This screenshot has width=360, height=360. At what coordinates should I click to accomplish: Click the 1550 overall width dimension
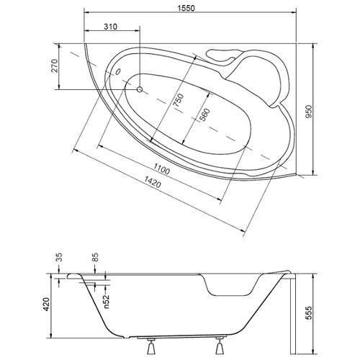pos(186,8)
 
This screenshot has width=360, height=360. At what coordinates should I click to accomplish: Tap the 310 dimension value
pos(111,27)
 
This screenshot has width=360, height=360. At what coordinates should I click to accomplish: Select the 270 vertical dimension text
pos(55,66)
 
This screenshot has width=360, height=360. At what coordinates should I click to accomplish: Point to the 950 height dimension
pos(309,112)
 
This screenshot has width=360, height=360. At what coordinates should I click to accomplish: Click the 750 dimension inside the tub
pos(179,101)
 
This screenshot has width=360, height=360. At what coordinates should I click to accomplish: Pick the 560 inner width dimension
pos(204,115)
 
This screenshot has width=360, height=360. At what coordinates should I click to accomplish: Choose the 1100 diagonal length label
pos(161,168)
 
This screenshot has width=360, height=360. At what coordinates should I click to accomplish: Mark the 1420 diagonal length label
pos(152,181)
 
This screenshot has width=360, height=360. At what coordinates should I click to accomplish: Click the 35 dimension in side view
pos(59,257)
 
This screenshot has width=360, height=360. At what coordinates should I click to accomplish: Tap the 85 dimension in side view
pos(95,257)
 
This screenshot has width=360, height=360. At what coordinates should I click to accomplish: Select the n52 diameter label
pos(107,302)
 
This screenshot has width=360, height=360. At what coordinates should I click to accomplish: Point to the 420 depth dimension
pos(46,305)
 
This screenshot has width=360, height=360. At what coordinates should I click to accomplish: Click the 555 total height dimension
pos(309,312)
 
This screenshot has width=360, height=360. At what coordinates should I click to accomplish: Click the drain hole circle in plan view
pos(140,89)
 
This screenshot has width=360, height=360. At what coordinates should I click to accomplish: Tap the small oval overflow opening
pos(118,71)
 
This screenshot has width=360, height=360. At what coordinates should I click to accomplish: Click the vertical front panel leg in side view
pos(293,314)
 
